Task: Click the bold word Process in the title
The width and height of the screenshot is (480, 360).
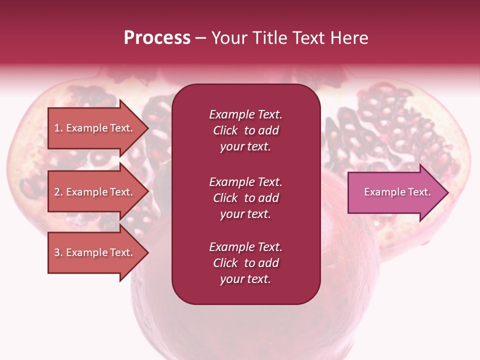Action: coord(157,38)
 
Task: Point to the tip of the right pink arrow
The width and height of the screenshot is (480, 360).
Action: coord(447,192)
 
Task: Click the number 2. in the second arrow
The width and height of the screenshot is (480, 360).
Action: coord(58,192)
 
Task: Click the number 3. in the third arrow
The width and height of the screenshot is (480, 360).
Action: coord(58,252)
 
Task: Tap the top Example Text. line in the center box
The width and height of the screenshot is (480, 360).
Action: coord(245,114)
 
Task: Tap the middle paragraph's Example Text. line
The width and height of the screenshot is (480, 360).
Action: coord(245,181)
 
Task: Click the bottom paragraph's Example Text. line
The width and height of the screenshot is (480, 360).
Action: coord(245,247)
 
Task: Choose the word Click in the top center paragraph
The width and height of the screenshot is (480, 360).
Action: coord(225,130)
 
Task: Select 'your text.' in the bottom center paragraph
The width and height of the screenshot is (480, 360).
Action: coord(245,279)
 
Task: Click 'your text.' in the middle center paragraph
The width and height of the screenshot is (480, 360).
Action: coord(245,214)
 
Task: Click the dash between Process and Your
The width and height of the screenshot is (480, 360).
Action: coord(200,38)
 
